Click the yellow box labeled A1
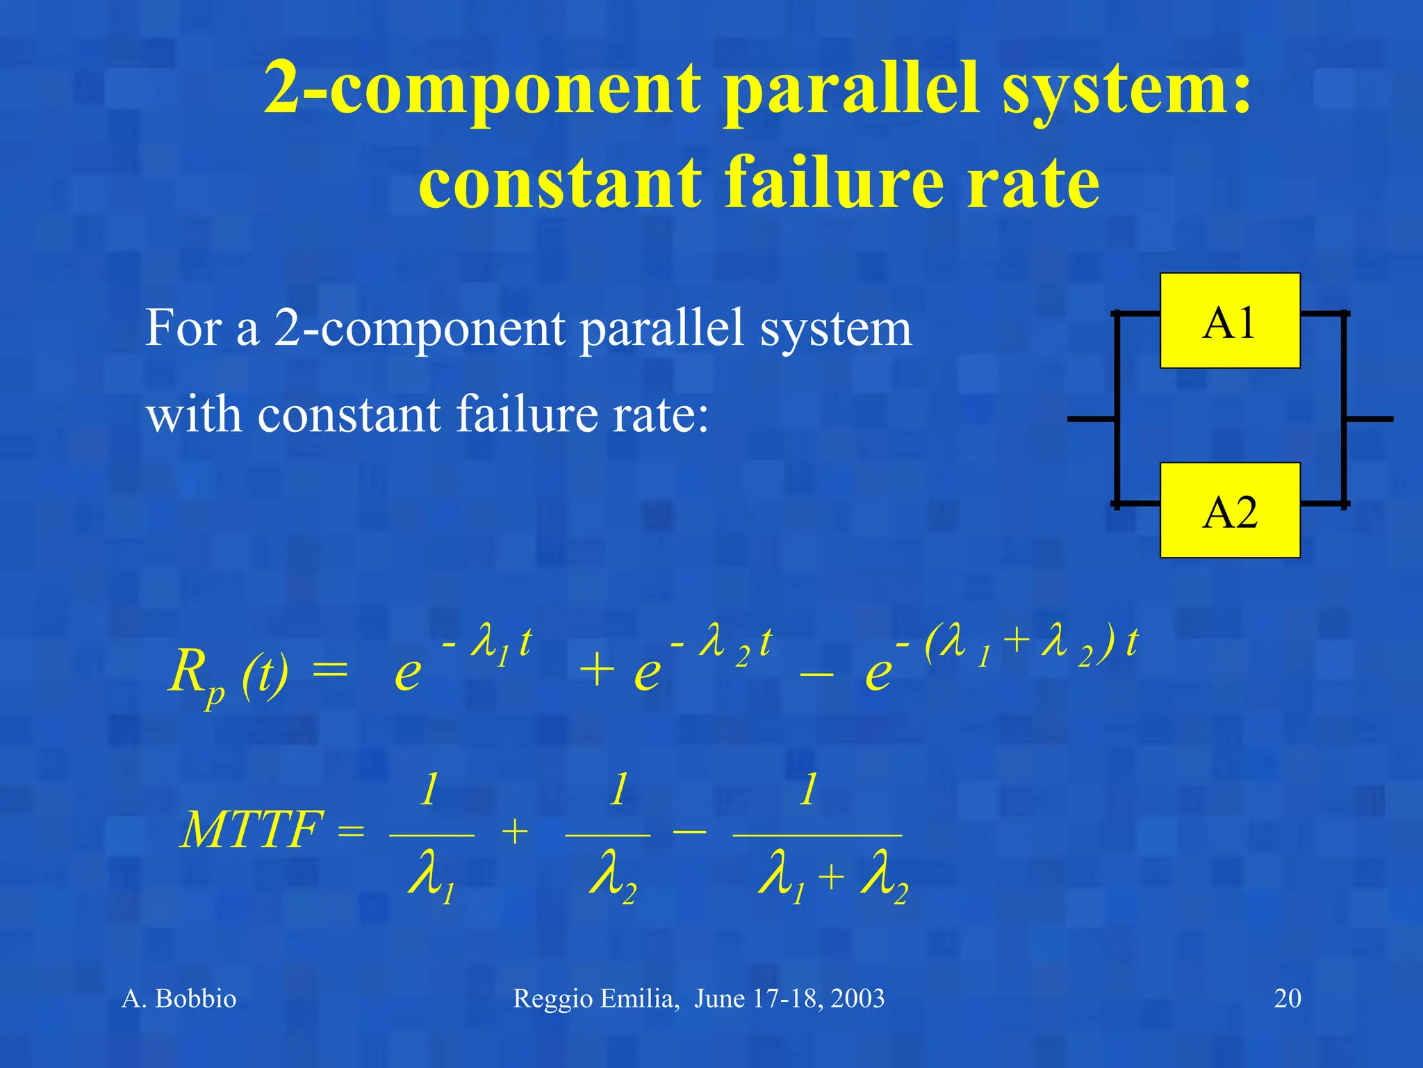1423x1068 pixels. coord(1229,321)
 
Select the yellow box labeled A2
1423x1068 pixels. coord(1229,510)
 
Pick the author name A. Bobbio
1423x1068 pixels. coord(179,998)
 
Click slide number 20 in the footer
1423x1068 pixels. coord(1287,998)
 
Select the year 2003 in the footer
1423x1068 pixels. coord(857,998)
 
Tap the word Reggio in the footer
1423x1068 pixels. coord(553,998)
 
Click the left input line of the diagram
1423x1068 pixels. coord(1091,419)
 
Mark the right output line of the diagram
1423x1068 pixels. coord(1369,419)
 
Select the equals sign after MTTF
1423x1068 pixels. coord(351,830)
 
